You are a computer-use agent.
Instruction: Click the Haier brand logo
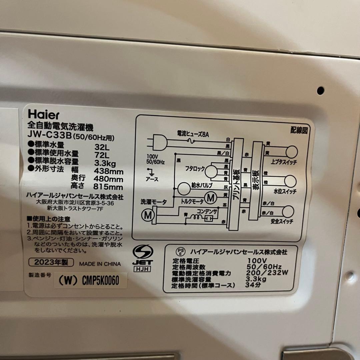coord(43,115)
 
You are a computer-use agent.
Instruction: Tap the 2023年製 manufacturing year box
coord(51,262)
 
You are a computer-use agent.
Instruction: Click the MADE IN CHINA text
coord(100,264)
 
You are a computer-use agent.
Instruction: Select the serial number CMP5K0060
coord(100,281)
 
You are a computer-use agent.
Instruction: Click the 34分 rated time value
coord(251,286)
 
